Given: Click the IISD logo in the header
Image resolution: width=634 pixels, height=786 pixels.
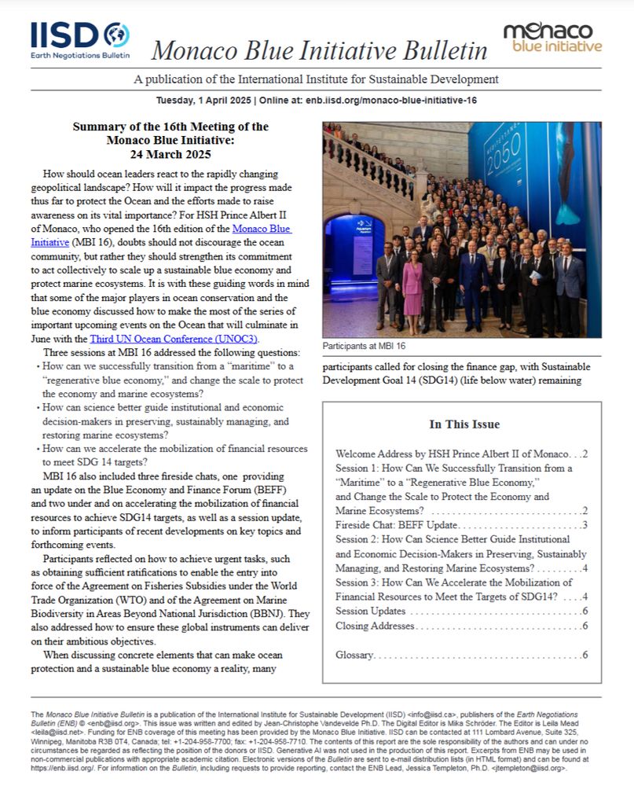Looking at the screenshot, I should [79, 40].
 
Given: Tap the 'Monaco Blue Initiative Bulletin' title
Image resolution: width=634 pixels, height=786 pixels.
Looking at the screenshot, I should [319, 50].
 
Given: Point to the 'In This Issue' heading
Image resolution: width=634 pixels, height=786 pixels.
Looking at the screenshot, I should [464, 424].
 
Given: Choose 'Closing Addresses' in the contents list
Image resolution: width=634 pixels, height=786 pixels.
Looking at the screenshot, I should [375, 626].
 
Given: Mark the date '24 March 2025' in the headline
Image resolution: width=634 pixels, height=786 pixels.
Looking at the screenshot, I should [170, 154].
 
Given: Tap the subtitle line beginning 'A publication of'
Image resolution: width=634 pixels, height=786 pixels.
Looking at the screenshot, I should [316, 79].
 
